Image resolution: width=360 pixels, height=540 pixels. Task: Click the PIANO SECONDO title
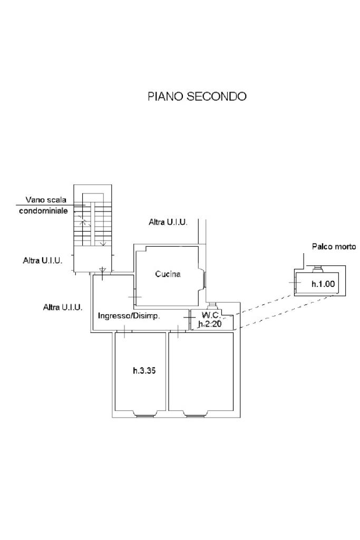click(197, 97)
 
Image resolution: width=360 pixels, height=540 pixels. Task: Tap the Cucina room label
click(168, 274)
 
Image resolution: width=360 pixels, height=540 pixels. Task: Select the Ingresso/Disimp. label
click(129, 316)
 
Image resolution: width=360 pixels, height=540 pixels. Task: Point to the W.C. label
click(211, 315)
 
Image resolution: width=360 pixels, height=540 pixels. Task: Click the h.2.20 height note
click(210, 324)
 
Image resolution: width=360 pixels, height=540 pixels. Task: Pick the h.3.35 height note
click(144, 371)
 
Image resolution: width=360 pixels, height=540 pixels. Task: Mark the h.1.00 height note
click(323, 284)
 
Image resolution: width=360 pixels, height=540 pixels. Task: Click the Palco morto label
click(334, 247)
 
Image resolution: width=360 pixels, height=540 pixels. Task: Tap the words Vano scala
click(46, 200)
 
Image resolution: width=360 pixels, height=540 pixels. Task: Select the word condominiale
click(43, 210)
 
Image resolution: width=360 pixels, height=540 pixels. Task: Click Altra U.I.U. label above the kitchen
click(168, 222)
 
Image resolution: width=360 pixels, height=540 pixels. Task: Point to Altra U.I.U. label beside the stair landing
click(43, 261)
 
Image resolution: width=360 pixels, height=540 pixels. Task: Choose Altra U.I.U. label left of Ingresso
click(63, 307)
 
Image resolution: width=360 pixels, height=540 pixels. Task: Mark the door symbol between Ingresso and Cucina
click(134, 297)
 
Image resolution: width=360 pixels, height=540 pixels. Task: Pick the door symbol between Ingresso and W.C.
click(190, 317)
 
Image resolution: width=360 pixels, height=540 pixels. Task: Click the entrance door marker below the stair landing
click(102, 272)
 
